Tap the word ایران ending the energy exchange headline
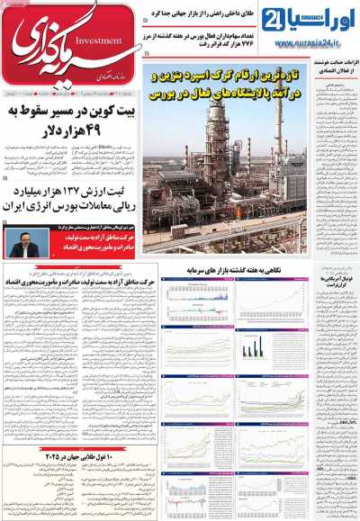coord(23,205)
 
